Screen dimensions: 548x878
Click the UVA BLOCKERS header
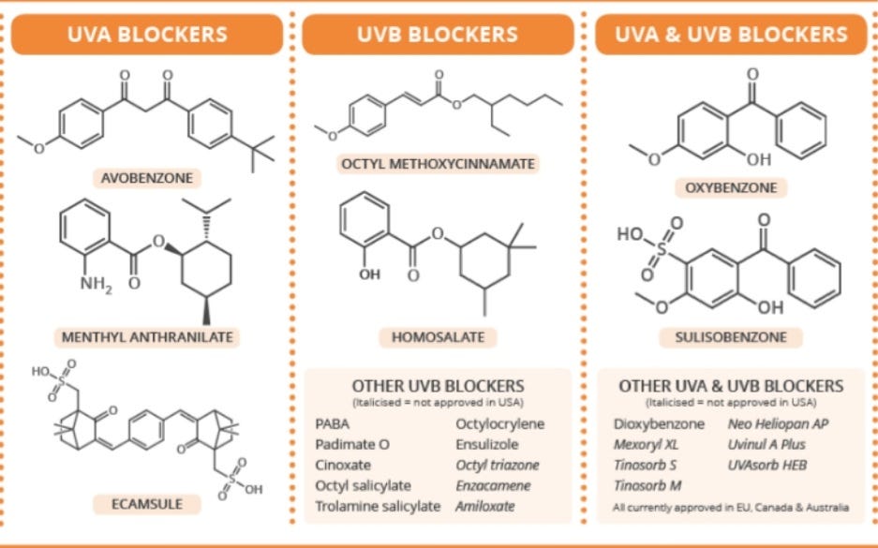[147, 35]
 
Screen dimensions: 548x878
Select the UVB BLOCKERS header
[437, 35]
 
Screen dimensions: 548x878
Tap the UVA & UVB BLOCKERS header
[731, 35]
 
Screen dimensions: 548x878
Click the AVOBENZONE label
[147, 177]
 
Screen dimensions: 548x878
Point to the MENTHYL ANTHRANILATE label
[147, 337]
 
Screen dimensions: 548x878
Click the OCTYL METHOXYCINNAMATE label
[438, 164]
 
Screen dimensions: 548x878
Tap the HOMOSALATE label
[438, 336]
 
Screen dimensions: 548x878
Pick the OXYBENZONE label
[732, 187]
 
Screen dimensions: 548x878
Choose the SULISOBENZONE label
[732, 336]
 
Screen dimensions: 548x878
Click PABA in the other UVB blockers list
[333, 423]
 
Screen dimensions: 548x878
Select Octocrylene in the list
[499, 423]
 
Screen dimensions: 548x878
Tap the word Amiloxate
[485, 506]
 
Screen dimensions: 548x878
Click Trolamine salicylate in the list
[378, 506]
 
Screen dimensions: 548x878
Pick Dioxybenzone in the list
[659, 423]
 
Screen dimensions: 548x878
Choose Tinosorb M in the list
[647, 485]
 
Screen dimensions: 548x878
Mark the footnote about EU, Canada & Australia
[731, 508]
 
